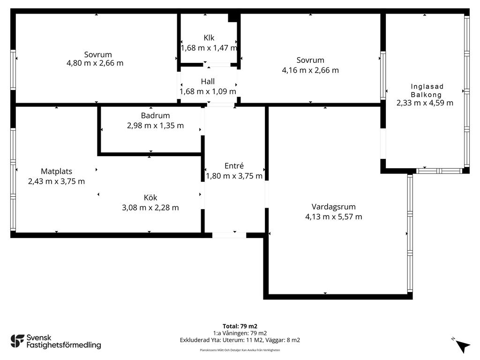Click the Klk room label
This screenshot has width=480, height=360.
click(x=209, y=37)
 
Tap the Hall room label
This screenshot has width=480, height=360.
click(x=208, y=82)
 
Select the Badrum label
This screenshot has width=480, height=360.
click(x=155, y=115)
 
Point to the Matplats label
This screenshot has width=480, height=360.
click(x=56, y=171)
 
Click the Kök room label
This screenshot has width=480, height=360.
click(x=150, y=197)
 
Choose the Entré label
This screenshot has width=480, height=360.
click(x=234, y=165)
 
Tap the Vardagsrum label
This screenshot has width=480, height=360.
click(x=333, y=207)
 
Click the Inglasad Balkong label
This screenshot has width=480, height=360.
click(x=427, y=90)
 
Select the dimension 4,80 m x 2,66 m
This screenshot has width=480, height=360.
click(x=95, y=63)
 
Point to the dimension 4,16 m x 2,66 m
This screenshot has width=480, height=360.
click(x=310, y=70)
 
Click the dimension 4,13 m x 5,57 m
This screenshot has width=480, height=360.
click(x=333, y=217)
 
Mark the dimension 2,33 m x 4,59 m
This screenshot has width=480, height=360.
click(x=425, y=103)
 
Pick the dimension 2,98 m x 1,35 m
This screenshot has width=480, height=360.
click(x=155, y=126)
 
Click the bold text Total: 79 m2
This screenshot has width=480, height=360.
click(x=240, y=326)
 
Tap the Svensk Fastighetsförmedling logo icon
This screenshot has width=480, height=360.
click(x=17, y=341)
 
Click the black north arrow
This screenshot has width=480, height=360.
click(x=463, y=346)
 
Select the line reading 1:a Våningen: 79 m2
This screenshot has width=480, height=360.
click(x=240, y=333)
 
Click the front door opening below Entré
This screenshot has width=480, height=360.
click(x=229, y=235)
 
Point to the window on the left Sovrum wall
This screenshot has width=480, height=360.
click(x=13, y=70)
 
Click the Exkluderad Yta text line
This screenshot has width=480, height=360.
click(x=240, y=340)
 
